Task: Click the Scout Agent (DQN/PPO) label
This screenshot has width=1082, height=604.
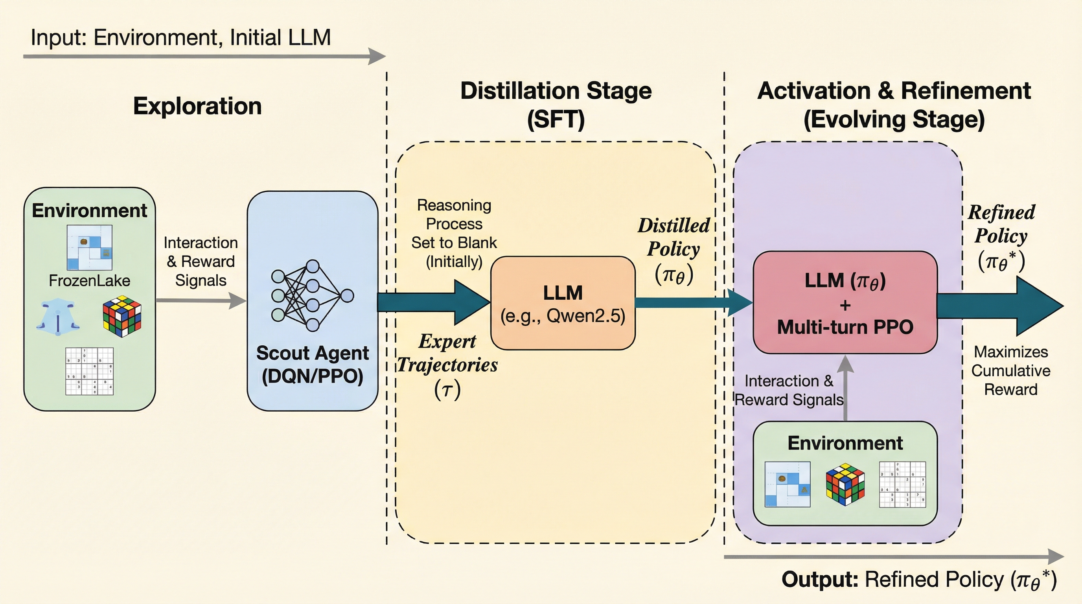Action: [313, 364]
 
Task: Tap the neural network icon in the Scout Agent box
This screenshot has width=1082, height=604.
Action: [313, 296]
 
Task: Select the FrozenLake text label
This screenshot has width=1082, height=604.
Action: [90, 281]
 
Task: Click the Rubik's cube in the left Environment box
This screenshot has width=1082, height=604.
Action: [122, 316]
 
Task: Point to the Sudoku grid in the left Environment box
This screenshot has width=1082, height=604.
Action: [90, 371]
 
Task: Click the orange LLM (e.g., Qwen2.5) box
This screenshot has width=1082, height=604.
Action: [563, 303]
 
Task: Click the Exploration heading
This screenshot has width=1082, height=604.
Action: [197, 106]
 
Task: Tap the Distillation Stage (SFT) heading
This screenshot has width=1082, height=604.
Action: [556, 105]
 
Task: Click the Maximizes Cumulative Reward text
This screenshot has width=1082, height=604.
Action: [1010, 370]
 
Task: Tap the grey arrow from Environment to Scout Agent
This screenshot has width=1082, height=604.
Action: [201, 300]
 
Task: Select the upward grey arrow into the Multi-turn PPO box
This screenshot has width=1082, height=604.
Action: [845, 387]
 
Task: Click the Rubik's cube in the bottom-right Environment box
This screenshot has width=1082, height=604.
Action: [845, 484]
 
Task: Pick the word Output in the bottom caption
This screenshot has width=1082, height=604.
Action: [819, 580]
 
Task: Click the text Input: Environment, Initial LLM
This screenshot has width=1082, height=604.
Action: [180, 38]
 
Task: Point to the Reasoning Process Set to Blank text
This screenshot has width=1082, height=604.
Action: [454, 233]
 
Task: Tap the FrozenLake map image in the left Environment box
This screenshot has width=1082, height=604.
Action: [90, 248]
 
